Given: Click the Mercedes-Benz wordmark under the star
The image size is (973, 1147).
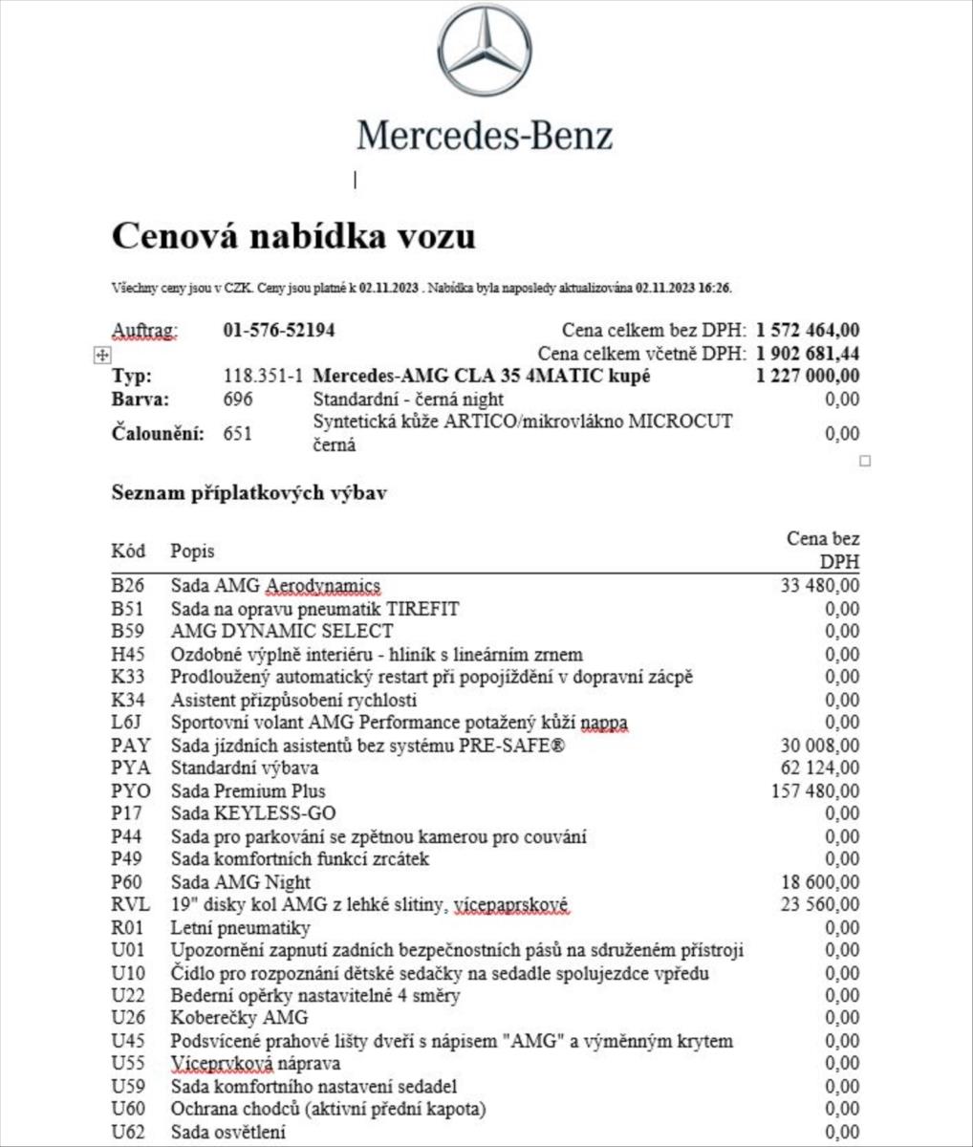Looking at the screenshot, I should click(x=485, y=136).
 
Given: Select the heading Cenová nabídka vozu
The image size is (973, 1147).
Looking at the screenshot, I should click(x=293, y=236).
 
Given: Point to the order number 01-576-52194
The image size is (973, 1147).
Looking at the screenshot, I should click(x=279, y=331).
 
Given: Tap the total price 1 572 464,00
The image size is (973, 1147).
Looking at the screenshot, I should click(x=807, y=331).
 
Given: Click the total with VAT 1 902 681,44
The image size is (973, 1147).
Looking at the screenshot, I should click(x=807, y=354).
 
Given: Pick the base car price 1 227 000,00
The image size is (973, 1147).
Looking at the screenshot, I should click(x=807, y=376).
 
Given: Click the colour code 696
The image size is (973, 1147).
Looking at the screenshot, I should click(x=238, y=400).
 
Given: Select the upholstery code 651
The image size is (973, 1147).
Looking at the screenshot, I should click(x=238, y=434).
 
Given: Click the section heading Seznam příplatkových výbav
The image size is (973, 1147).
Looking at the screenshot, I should click(x=249, y=493).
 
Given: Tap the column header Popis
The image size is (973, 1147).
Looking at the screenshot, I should click(x=192, y=552).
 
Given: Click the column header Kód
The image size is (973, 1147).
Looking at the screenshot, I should click(x=128, y=552).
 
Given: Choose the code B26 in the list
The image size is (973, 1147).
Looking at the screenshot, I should click(x=127, y=586).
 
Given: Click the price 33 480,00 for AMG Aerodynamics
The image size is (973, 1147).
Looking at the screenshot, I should click(x=819, y=586).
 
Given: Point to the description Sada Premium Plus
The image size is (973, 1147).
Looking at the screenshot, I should click(x=248, y=791).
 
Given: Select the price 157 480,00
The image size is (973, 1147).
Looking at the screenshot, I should click(x=814, y=791).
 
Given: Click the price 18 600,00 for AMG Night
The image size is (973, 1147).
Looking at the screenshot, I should click(x=819, y=882).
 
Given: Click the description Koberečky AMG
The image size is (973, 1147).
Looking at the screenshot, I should click(x=239, y=1018).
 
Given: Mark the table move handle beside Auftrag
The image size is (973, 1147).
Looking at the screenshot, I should click(x=101, y=355).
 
